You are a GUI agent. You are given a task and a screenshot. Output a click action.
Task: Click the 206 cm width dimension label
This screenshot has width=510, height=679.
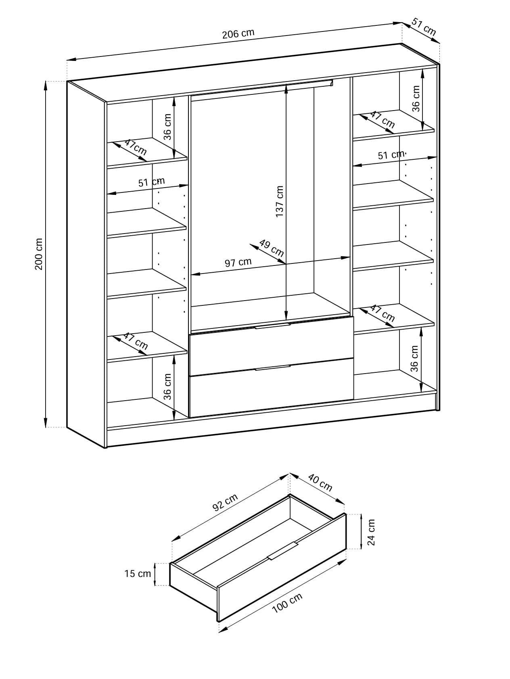[238, 33]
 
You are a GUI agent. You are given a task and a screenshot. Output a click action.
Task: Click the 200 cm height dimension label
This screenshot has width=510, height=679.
[39, 254]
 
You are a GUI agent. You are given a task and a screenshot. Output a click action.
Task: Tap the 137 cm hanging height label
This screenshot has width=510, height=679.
[279, 201]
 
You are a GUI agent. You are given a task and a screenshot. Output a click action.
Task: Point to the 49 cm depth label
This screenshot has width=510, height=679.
[272, 248]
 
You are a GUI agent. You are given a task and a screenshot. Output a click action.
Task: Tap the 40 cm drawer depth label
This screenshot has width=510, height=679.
[320, 483]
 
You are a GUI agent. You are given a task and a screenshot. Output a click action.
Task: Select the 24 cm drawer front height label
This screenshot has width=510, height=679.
[371, 532]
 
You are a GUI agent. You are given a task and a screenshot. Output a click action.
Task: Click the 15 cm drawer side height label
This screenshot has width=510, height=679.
[138, 573]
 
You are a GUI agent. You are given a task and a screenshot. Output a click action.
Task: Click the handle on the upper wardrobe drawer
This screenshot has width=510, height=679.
[272, 326]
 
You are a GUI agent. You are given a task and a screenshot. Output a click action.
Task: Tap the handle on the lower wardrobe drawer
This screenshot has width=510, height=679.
[272, 368]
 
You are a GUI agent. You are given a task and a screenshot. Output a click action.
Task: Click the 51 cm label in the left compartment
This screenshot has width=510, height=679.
[151, 182]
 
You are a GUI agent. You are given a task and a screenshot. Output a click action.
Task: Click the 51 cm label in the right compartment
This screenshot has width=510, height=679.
[391, 155]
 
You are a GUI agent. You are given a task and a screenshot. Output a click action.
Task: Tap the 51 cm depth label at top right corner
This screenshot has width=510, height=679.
[424, 27]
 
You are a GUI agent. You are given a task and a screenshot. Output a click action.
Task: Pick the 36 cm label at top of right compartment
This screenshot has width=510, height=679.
[416, 98]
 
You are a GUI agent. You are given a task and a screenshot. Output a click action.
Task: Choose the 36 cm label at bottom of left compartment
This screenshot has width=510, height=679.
[167, 387]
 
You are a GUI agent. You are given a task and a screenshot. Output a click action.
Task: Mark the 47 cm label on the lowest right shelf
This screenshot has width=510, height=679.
[382, 313]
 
